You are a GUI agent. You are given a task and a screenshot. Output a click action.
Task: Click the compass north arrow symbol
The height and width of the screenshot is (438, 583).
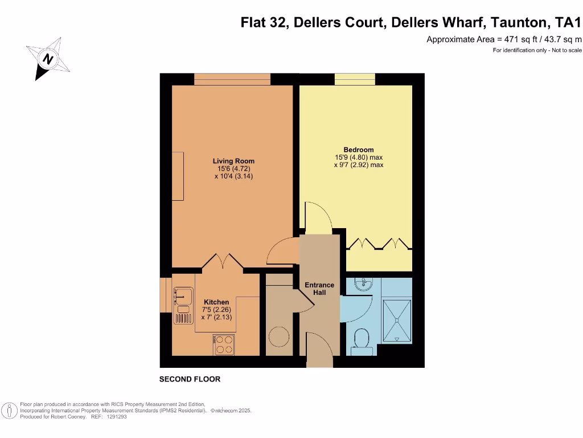coord(48,58)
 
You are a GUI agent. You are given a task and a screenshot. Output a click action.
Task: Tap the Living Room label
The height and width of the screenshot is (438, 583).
coord(233,161)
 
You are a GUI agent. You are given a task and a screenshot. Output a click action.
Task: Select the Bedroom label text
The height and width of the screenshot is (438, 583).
coord(358,149)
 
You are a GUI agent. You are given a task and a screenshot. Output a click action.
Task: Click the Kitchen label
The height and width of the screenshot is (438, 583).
coord(216,302)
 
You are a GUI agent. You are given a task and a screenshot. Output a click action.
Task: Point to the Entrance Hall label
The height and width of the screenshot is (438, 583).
coord(319,289)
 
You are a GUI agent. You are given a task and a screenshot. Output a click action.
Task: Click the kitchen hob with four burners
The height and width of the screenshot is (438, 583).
coord(223,344)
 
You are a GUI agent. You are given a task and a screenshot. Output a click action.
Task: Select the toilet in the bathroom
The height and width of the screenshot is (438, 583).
coord(361,340)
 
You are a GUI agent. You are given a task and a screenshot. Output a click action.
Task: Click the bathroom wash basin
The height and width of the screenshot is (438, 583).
coord(361,284)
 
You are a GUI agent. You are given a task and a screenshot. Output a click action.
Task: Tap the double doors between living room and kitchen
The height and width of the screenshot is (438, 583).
coord(224,261)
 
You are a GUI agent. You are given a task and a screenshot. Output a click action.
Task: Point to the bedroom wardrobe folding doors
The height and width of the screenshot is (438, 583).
coord(378,244)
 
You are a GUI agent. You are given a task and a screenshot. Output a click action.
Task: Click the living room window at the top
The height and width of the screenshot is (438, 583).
coord(232,79)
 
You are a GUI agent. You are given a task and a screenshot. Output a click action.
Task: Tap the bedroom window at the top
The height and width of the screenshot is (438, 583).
coord(354,79)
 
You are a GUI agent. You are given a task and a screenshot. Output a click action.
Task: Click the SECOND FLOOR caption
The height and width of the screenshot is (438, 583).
coord(190,379)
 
